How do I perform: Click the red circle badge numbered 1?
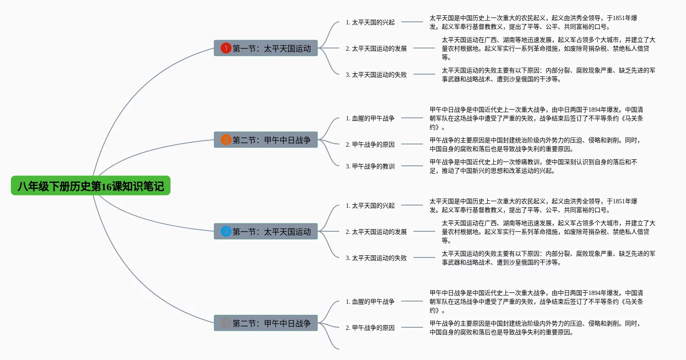[x=226, y=48]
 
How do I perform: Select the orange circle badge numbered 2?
[x=226, y=140]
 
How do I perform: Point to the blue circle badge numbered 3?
[x=226, y=231]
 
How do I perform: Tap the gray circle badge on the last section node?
[x=226, y=323]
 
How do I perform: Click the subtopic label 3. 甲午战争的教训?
[x=370, y=166]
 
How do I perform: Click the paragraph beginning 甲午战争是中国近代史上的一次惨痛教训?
[x=533, y=166]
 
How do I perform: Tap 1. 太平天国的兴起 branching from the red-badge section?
[x=370, y=22]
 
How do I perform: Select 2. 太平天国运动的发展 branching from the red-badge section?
[x=376, y=48]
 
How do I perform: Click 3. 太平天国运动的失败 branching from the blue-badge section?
[x=376, y=258]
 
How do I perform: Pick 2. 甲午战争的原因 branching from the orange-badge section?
[x=370, y=144]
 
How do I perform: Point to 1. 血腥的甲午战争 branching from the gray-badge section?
[x=370, y=302]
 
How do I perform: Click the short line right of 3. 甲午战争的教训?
[x=412, y=166]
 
